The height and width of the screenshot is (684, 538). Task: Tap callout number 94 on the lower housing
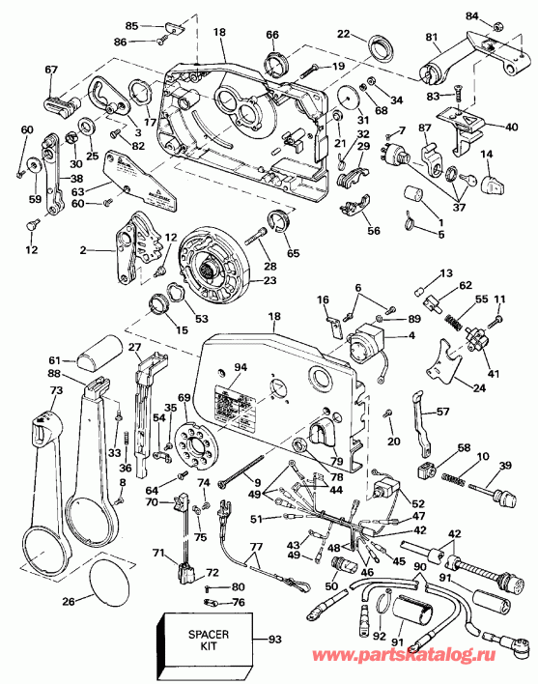tap(240, 367)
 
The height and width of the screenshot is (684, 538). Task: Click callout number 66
tap(273, 35)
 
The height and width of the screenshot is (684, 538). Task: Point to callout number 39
tap(503, 466)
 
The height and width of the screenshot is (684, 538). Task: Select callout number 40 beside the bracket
tap(511, 126)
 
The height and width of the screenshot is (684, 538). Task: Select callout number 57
tap(442, 411)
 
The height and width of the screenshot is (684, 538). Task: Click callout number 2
tap(85, 250)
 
